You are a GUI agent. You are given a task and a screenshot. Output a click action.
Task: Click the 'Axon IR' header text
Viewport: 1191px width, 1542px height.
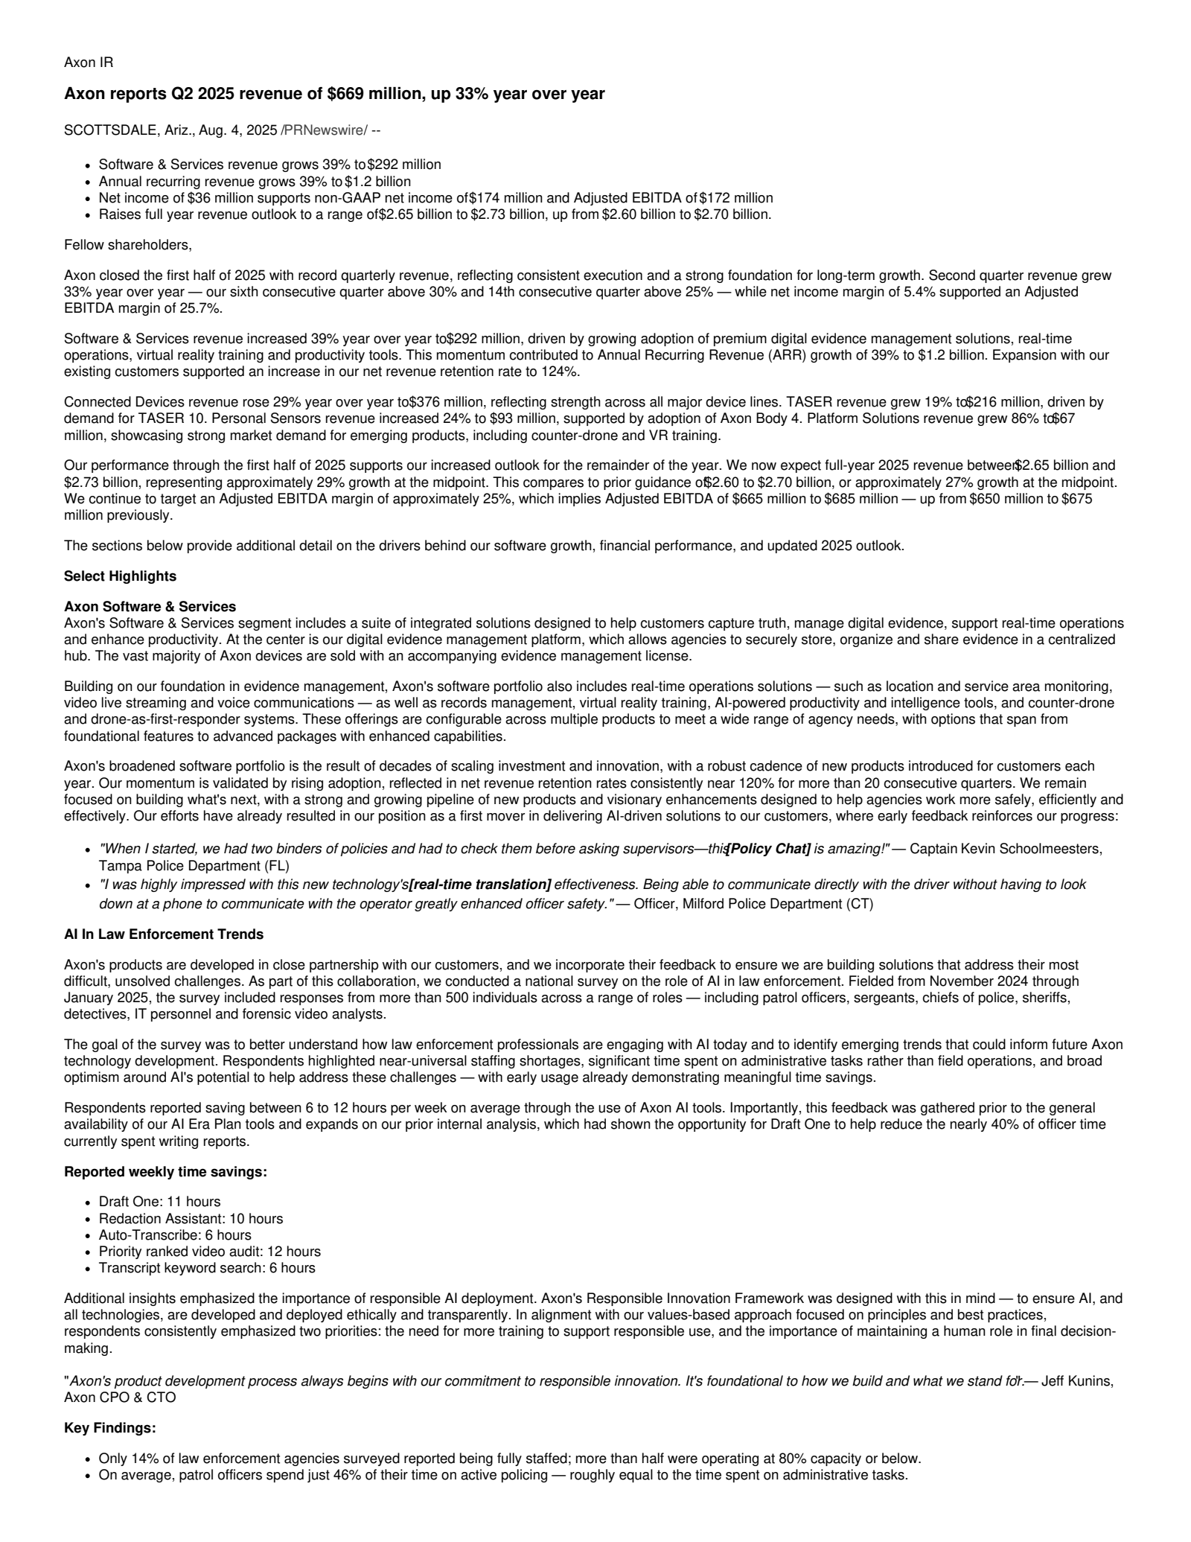pos(89,63)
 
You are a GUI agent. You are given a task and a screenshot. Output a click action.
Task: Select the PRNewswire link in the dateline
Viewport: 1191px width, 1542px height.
pos(324,130)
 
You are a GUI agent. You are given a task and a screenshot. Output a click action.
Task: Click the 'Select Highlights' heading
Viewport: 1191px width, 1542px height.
pos(120,576)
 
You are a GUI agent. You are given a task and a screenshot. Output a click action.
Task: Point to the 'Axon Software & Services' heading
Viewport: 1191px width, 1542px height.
pos(150,607)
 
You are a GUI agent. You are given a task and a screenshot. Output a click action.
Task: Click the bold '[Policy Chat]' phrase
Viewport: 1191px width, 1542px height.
pos(768,849)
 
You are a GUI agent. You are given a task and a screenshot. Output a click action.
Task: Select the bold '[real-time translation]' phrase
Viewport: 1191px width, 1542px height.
pos(480,885)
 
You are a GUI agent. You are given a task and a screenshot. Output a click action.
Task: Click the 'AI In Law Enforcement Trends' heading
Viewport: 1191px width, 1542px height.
pos(164,934)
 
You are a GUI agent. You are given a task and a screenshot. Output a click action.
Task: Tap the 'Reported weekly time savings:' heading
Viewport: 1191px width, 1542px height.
pos(165,1172)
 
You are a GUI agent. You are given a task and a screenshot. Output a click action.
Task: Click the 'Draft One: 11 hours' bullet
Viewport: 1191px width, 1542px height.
pos(159,1202)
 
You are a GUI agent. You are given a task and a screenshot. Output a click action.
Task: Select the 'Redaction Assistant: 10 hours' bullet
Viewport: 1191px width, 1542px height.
pos(191,1219)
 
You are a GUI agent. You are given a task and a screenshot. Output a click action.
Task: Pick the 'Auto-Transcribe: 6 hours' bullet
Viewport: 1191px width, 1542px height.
pos(175,1235)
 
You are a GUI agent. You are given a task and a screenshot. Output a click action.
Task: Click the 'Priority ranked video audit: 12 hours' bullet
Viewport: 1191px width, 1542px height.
pos(209,1252)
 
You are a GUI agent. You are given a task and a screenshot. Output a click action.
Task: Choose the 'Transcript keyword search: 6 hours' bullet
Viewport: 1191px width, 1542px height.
pos(207,1268)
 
